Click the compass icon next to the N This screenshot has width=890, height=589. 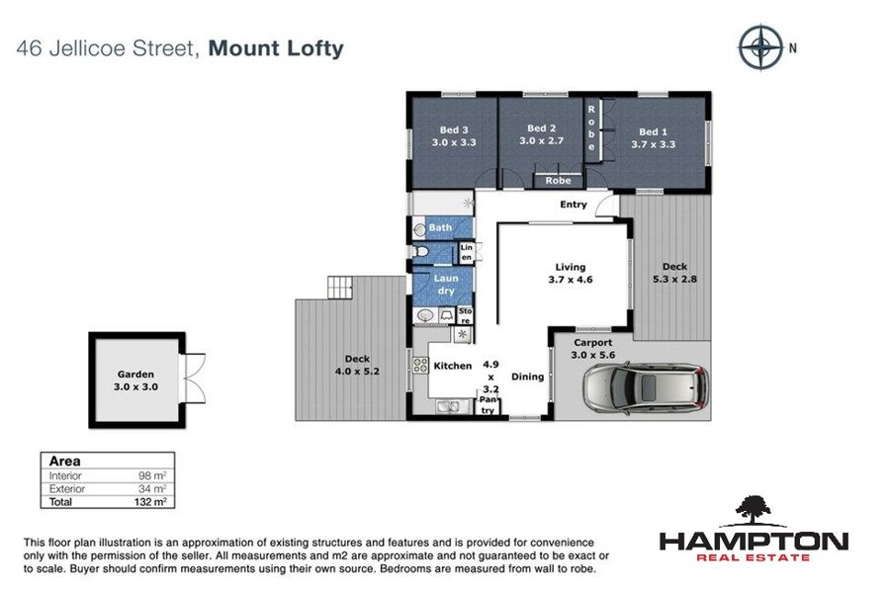point(760,47)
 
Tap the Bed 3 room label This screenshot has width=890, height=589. point(454,129)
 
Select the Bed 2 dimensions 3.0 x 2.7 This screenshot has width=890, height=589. point(542,140)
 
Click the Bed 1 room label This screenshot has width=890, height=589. point(654,131)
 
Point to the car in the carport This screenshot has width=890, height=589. point(647,388)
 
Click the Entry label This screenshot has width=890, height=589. point(574,205)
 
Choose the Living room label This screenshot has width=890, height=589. point(571,267)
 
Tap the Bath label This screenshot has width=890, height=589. point(440,227)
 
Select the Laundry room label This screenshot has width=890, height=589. point(446,285)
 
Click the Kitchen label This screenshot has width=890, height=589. point(452,366)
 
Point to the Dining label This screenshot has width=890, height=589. point(527,377)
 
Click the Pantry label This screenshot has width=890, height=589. point(489,404)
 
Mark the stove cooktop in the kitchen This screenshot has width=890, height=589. point(420,365)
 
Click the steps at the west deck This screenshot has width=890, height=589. point(340,288)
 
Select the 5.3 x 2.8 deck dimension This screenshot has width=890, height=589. point(674,279)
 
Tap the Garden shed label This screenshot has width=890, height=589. point(135,374)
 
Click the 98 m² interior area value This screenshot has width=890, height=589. point(152,475)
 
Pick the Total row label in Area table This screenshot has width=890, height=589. point(60,502)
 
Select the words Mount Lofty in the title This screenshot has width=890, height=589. point(276,48)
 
